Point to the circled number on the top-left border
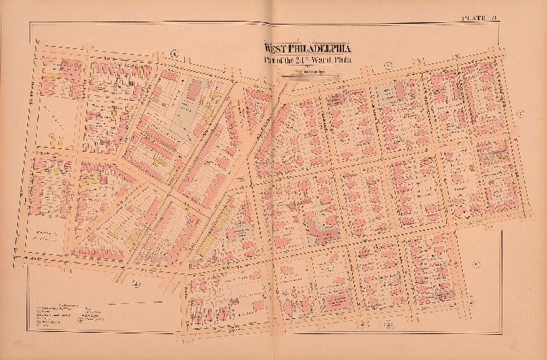(173, 51)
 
